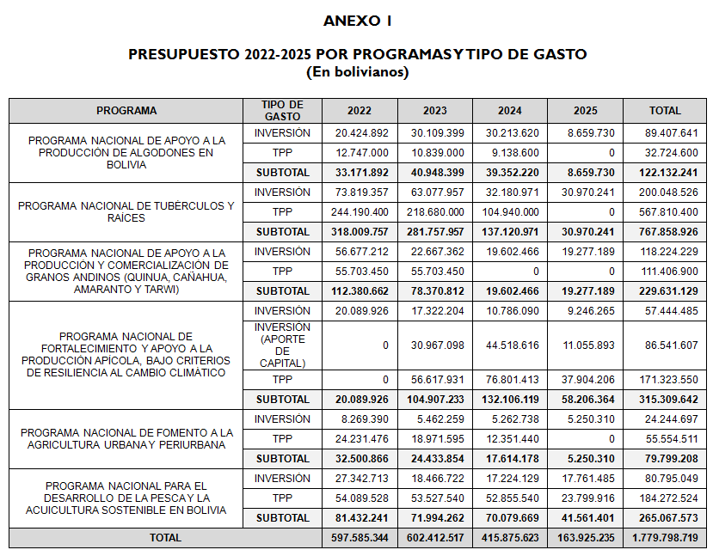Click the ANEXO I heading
coord(357,20)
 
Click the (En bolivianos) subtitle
coord(357,71)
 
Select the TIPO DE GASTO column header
coord(282,110)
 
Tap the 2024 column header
coord(509,111)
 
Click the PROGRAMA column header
coord(126,111)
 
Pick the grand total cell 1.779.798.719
coord(665,537)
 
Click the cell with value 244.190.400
coord(360,211)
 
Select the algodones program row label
coord(126,152)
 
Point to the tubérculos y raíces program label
coord(126,211)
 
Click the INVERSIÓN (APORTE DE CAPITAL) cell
coord(282,345)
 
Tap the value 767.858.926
coord(665,231)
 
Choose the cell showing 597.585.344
coord(360,537)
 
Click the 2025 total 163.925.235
coord(585,537)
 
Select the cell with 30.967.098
coord(435,345)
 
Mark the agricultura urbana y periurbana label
coord(126,438)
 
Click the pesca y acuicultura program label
coord(126,498)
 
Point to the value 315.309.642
coord(665,399)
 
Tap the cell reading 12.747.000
coord(360,152)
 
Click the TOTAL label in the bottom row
coord(165,537)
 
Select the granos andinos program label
coord(126,271)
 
